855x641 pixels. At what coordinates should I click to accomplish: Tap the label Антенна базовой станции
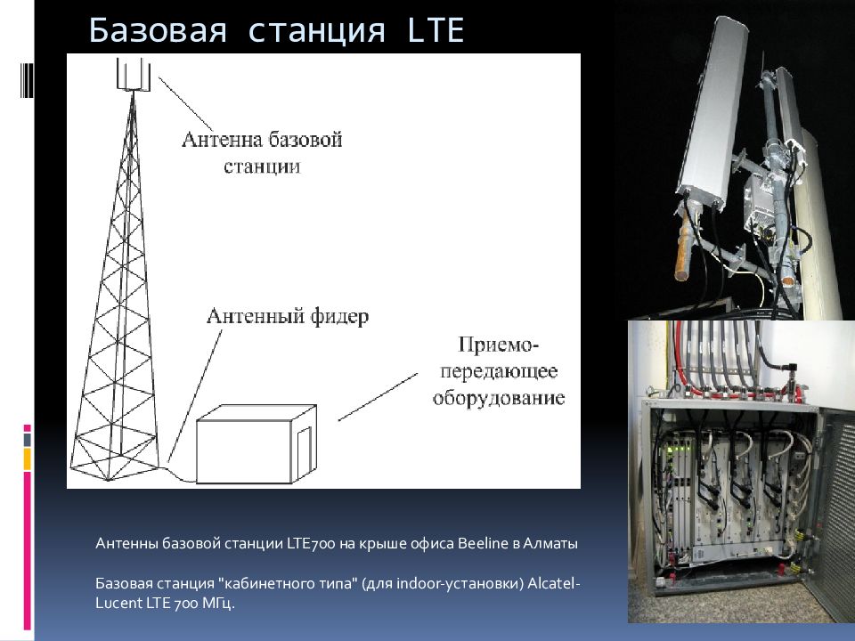pyautogui.click(x=262, y=152)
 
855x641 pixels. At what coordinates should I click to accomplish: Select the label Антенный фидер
pyautogui.click(x=287, y=316)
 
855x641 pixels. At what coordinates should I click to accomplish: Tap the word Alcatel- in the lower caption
pyautogui.click(x=553, y=583)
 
